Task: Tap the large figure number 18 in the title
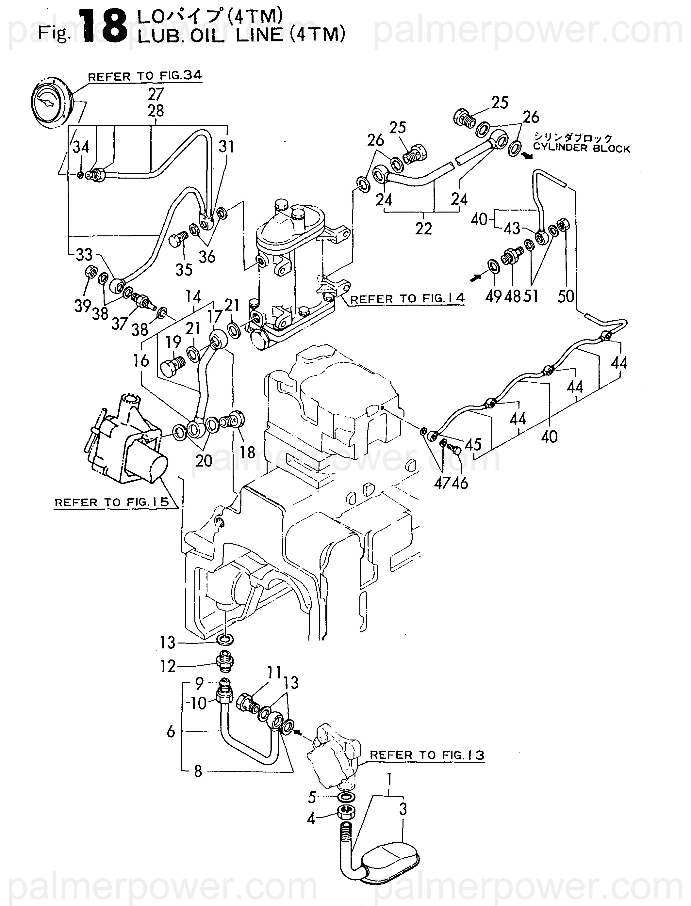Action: tap(104, 27)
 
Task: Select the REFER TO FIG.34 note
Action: tap(145, 76)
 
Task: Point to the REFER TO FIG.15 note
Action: tap(112, 502)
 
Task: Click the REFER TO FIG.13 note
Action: tap(427, 755)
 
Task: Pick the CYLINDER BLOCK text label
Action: tap(581, 149)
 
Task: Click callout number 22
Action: tap(423, 229)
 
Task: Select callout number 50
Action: tap(566, 296)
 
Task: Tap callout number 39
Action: tap(83, 306)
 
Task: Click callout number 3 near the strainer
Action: tap(403, 809)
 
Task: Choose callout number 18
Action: tap(248, 452)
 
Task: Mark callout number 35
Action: tap(184, 270)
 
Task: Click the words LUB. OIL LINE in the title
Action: tap(211, 36)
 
